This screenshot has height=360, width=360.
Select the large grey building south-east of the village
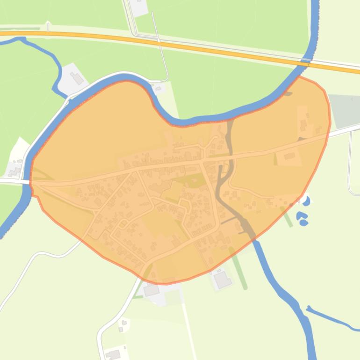click(222, 280)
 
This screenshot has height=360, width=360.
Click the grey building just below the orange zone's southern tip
click(151, 290)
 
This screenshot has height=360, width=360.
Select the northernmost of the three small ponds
click(306, 201)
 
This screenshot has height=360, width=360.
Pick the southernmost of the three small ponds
click(304, 223)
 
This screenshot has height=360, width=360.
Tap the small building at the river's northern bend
click(158, 88)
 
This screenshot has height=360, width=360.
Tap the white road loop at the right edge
click(351, 164)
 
